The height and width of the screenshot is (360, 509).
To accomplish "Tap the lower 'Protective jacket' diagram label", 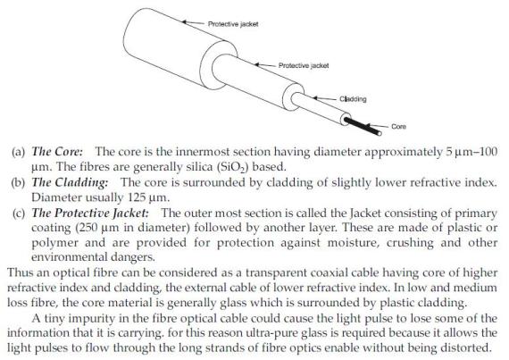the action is click(305, 65).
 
